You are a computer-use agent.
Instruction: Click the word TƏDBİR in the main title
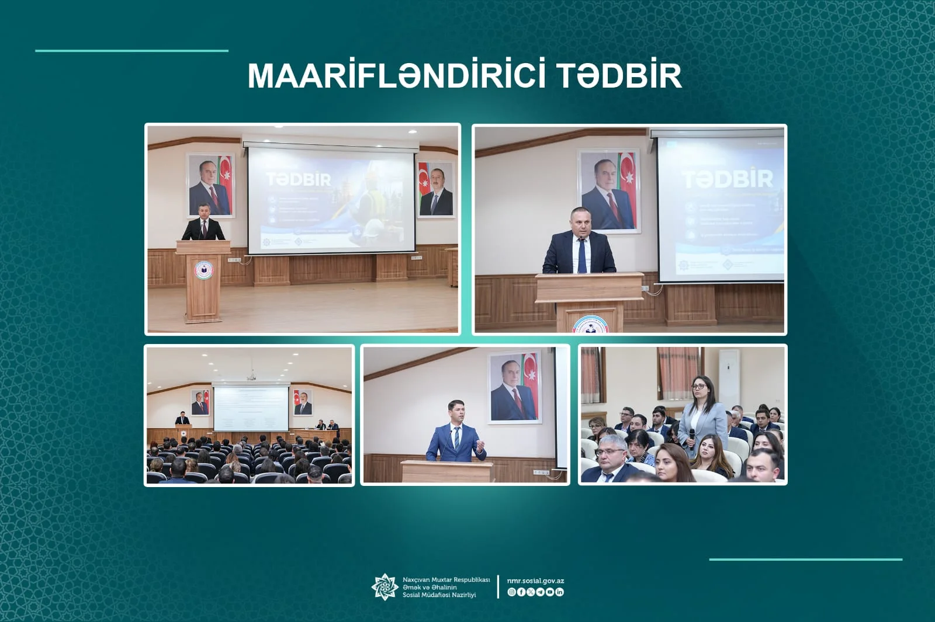click(619, 76)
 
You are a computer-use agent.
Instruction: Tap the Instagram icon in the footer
click(511, 592)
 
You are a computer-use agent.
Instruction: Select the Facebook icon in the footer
click(521, 592)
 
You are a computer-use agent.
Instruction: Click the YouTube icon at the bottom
click(550, 592)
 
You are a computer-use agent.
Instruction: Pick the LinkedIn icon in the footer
click(560, 592)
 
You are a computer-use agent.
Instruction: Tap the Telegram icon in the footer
click(540, 592)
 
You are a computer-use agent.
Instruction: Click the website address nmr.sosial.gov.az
click(535, 581)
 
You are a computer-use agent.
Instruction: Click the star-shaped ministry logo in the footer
click(385, 587)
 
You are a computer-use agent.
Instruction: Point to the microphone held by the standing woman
click(692, 435)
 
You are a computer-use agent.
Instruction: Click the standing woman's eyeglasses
click(699, 386)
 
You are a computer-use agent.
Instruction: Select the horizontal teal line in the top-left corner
click(131, 51)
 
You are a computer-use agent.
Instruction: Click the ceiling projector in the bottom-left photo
click(251, 377)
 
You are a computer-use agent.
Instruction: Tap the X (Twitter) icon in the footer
click(530, 592)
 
